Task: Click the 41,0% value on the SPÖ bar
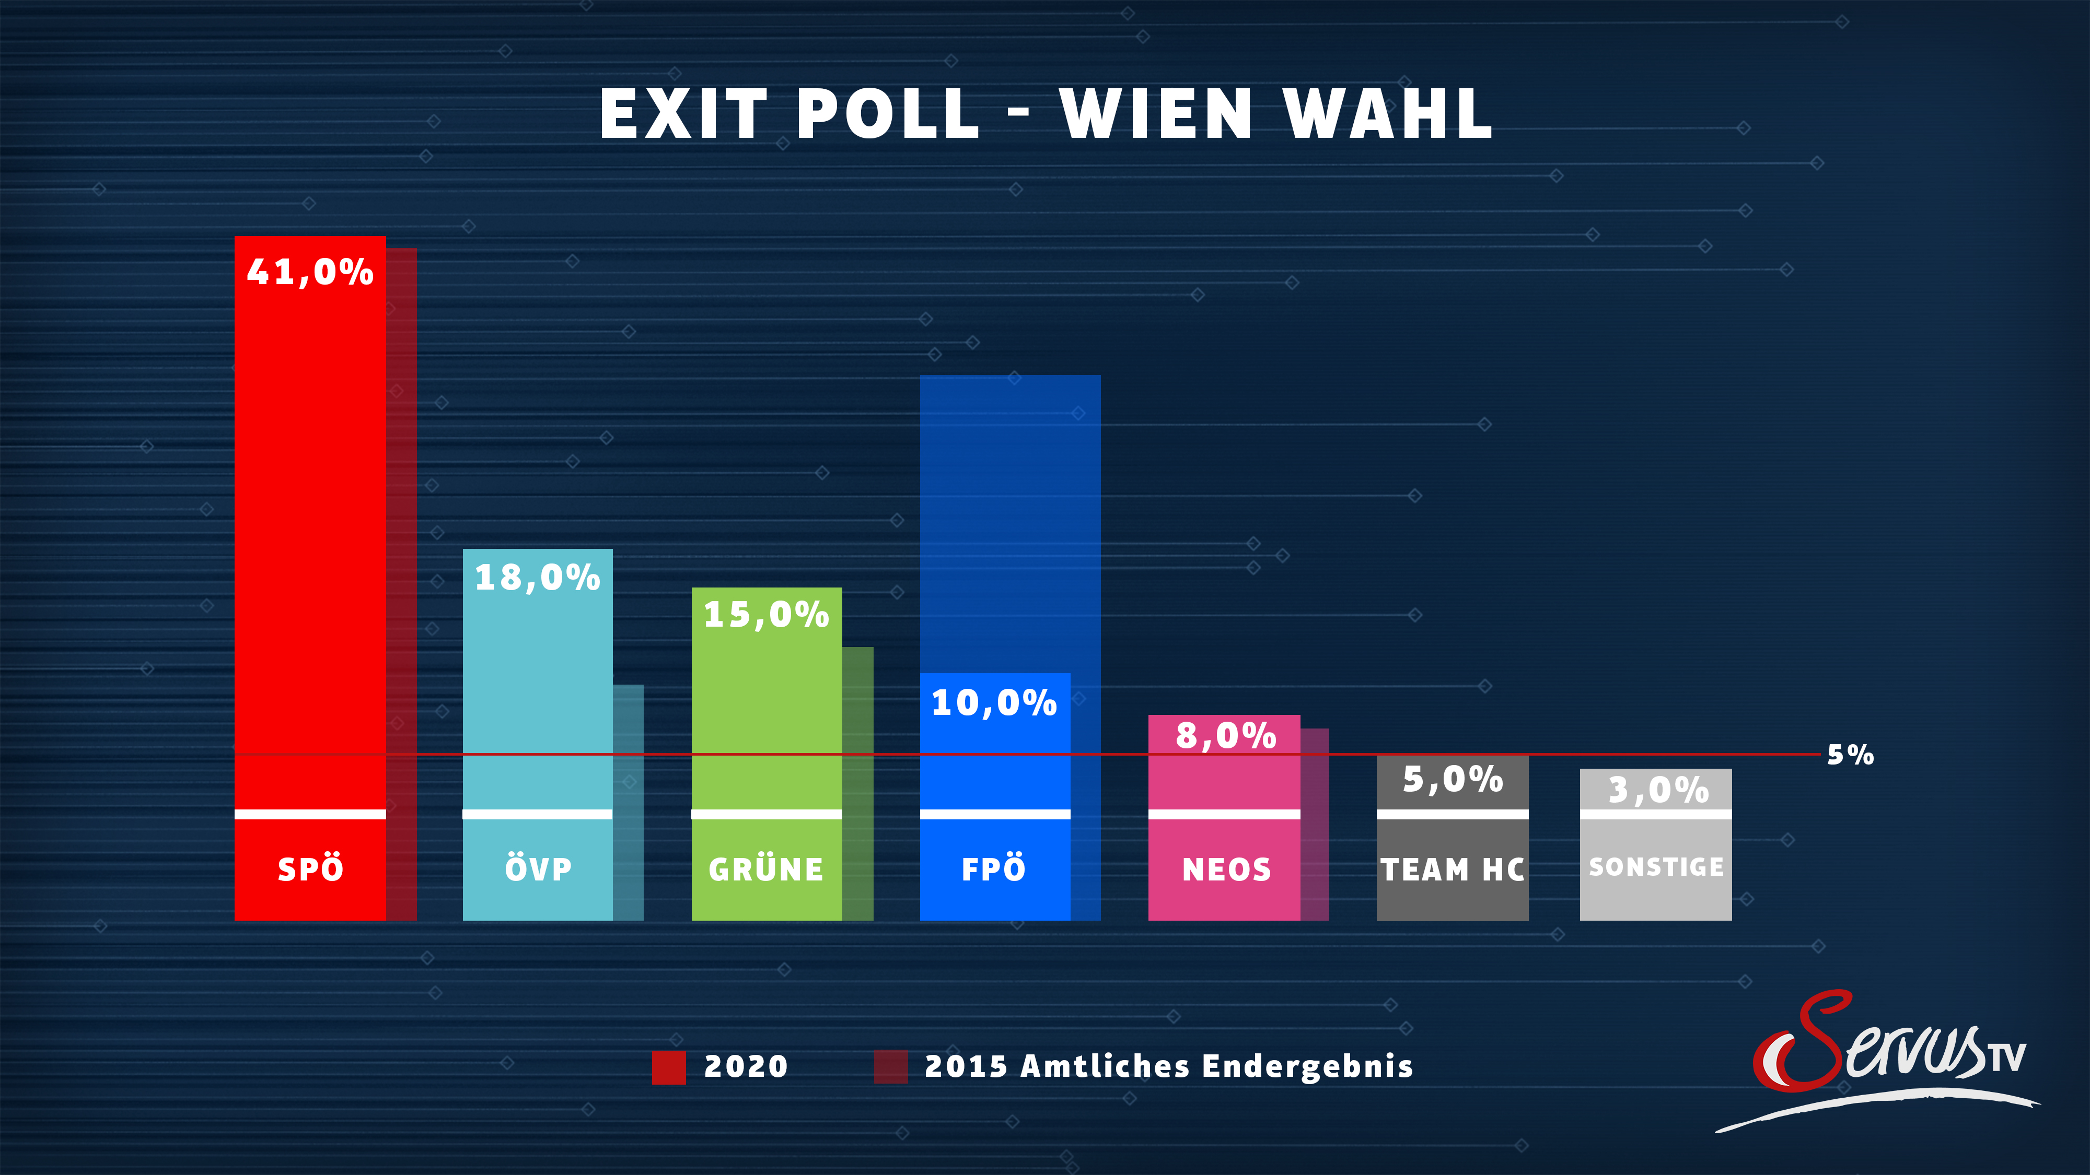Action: click(310, 273)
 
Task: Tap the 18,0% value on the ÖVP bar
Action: click(537, 578)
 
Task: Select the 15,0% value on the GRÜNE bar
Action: click(766, 615)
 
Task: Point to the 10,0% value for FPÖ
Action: click(994, 703)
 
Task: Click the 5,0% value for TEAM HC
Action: click(1453, 779)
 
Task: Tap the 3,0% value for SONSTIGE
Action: click(1657, 790)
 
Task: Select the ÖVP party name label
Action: click(538, 869)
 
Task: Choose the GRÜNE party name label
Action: click(766, 870)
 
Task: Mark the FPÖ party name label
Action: click(994, 869)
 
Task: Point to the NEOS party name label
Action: click(1226, 870)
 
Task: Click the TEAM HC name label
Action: click(1453, 870)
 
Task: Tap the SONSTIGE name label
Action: click(1656, 867)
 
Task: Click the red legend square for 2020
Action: click(669, 1067)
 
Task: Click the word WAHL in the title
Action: click(1388, 114)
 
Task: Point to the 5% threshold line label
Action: click(1850, 755)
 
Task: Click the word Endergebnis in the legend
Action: click(1307, 1066)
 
